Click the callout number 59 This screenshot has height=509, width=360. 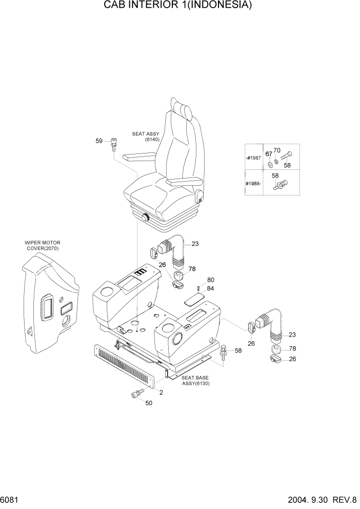pyautogui.click(x=99, y=141)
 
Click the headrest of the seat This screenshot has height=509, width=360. pyautogui.click(x=182, y=108)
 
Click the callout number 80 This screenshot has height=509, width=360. pyautogui.click(x=210, y=280)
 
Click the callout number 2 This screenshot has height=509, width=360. pyautogui.click(x=161, y=393)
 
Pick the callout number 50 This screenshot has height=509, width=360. pyautogui.click(x=149, y=403)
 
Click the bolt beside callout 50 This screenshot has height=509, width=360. pyautogui.click(x=136, y=394)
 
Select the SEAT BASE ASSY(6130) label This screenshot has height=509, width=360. pyautogui.click(x=196, y=380)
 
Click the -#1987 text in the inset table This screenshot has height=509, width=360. pyautogui.click(x=253, y=158)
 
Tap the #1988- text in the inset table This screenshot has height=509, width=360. pyautogui.click(x=253, y=183)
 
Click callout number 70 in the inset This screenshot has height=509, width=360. pyautogui.click(x=277, y=150)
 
